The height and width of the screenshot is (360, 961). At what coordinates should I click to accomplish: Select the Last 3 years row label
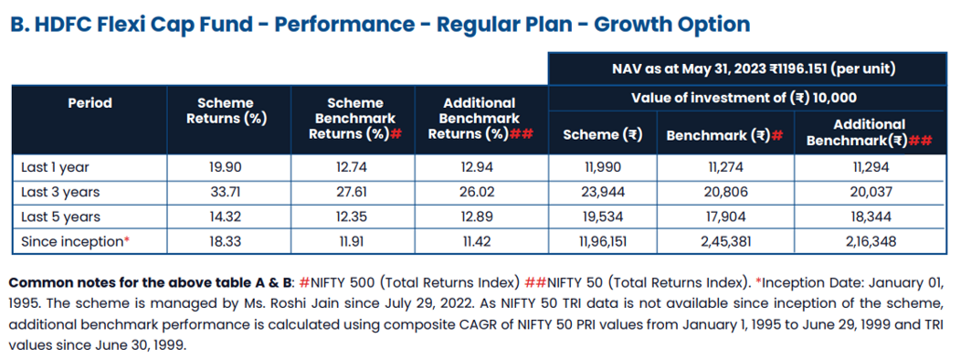coord(60,192)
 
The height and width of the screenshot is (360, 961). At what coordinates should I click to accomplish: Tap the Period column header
coord(90,102)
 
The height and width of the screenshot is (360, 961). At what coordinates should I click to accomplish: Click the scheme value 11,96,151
coord(603,241)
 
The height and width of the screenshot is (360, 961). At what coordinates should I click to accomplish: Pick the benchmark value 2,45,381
coord(725,241)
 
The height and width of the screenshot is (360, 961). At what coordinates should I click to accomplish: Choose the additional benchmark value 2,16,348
coord(869,241)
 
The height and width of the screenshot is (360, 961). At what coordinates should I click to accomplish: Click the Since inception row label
coord(76,241)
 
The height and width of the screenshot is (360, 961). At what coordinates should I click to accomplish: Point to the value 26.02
coord(476,192)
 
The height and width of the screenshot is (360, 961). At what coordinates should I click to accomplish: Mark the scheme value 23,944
coord(603,192)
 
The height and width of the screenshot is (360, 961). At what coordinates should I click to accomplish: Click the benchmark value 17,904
coord(725,217)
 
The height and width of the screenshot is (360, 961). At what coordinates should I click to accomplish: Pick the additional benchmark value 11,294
coord(869,167)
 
